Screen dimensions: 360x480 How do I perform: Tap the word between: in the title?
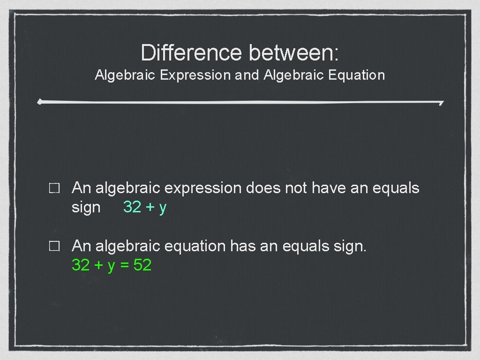[x=294, y=52]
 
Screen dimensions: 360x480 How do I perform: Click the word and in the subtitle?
[x=247, y=75]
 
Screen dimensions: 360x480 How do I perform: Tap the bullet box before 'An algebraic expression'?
[x=53, y=189]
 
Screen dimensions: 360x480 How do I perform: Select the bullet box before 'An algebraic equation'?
[x=53, y=247]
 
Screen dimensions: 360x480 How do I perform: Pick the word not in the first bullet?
[x=295, y=188]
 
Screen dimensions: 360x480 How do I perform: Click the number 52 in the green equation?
[x=142, y=265]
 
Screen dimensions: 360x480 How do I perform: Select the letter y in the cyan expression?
[x=163, y=208]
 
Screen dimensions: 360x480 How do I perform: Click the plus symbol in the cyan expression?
[x=150, y=207]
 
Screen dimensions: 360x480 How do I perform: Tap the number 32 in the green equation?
[x=81, y=265]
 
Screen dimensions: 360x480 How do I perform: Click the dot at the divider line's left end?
[x=40, y=101]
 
